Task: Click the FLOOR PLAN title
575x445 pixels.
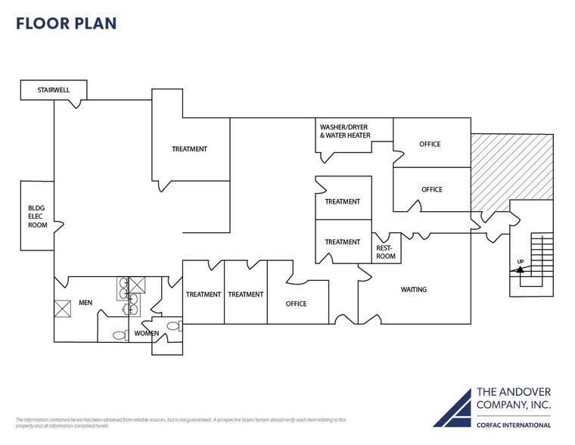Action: pos(66,23)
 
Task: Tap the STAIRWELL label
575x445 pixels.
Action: pos(54,91)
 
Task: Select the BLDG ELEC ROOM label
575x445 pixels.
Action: pos(37,216)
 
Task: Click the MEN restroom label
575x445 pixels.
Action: pos(85,303)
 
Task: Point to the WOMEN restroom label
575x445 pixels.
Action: pos(147,333)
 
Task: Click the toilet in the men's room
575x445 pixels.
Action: pos(119,335)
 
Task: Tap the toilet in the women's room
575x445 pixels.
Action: pos(172,326)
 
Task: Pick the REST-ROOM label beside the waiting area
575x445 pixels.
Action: pos(386,252)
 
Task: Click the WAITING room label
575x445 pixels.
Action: pos(413,289)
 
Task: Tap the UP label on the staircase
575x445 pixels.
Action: pos(521,261)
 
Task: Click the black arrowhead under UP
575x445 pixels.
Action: pos(520,269)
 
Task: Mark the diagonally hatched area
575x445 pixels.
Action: pos(514,170)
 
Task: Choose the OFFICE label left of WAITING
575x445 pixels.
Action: pos(296,303)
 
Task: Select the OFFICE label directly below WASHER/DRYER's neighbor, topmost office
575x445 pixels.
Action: pos(431,189)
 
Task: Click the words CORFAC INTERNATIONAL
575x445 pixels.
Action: pos(513,425)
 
